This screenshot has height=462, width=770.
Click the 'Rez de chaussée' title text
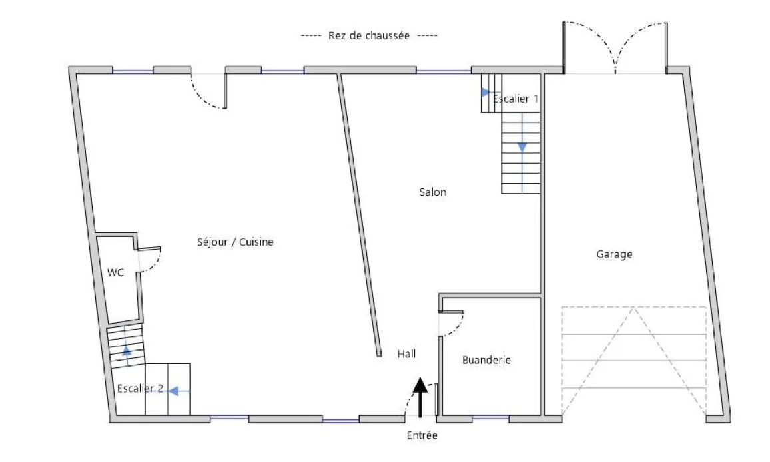369,35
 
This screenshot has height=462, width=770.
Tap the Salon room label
433,192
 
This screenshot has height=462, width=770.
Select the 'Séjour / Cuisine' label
234,242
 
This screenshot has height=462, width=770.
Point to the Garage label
614,254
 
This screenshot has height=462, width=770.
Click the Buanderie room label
486,360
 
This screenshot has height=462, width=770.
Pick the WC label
115,272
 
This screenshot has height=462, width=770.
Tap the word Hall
406,354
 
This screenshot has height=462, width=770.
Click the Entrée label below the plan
422,435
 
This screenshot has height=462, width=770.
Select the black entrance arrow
420,397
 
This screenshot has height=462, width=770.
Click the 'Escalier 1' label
515,99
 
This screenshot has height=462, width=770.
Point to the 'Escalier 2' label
140,388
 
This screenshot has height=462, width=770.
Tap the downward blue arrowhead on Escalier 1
522,147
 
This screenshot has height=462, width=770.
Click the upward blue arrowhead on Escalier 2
127,351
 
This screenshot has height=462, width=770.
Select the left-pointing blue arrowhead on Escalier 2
173,391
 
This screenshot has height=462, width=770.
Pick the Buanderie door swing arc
457,327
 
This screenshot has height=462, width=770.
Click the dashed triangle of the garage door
634,362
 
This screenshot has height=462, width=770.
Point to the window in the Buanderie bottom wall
491,418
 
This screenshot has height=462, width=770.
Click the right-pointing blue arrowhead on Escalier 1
486,92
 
